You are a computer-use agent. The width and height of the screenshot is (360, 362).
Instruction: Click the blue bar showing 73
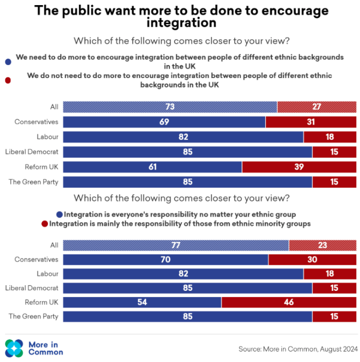170,107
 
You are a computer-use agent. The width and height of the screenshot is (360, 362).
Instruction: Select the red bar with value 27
317,107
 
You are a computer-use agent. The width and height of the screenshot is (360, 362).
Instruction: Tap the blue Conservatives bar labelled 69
164,122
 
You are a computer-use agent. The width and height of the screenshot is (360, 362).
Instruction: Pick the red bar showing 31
311,122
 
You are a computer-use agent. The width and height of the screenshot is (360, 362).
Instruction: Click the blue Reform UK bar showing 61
152,167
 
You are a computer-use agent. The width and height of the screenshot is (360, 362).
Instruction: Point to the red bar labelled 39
299,167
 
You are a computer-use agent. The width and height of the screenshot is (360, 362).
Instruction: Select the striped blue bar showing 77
176,245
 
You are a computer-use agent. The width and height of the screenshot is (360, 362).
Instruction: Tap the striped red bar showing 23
322,245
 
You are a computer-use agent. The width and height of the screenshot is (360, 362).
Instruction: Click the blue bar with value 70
165,259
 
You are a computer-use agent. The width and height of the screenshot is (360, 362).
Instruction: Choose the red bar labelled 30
313,259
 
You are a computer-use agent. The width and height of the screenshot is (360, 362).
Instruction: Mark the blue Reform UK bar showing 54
142,302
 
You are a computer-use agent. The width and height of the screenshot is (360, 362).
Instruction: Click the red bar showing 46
289,302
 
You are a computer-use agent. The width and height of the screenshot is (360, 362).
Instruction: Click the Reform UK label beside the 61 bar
42,167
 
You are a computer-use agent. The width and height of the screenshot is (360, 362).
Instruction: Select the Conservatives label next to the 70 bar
36,259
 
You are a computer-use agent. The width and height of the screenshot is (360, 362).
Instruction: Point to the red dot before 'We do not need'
8,80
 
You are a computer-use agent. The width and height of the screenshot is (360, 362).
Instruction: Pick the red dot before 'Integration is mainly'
45,224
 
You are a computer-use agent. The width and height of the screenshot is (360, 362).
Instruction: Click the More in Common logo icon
14,348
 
